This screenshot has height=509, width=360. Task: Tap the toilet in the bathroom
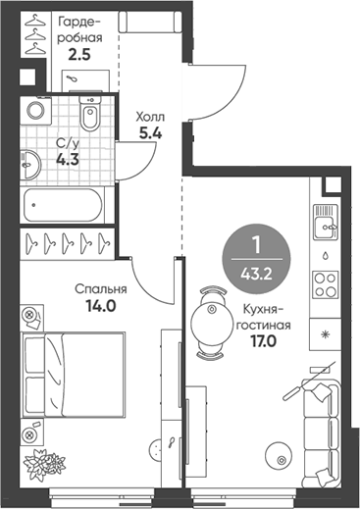point(91,121)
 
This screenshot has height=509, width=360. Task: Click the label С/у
point(66,140)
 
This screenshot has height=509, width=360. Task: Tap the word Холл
point(148,114)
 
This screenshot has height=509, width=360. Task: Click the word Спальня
point(101,289)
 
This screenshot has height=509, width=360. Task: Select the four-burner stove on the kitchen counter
point(324,285)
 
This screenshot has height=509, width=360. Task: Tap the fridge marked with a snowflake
point(325,334)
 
